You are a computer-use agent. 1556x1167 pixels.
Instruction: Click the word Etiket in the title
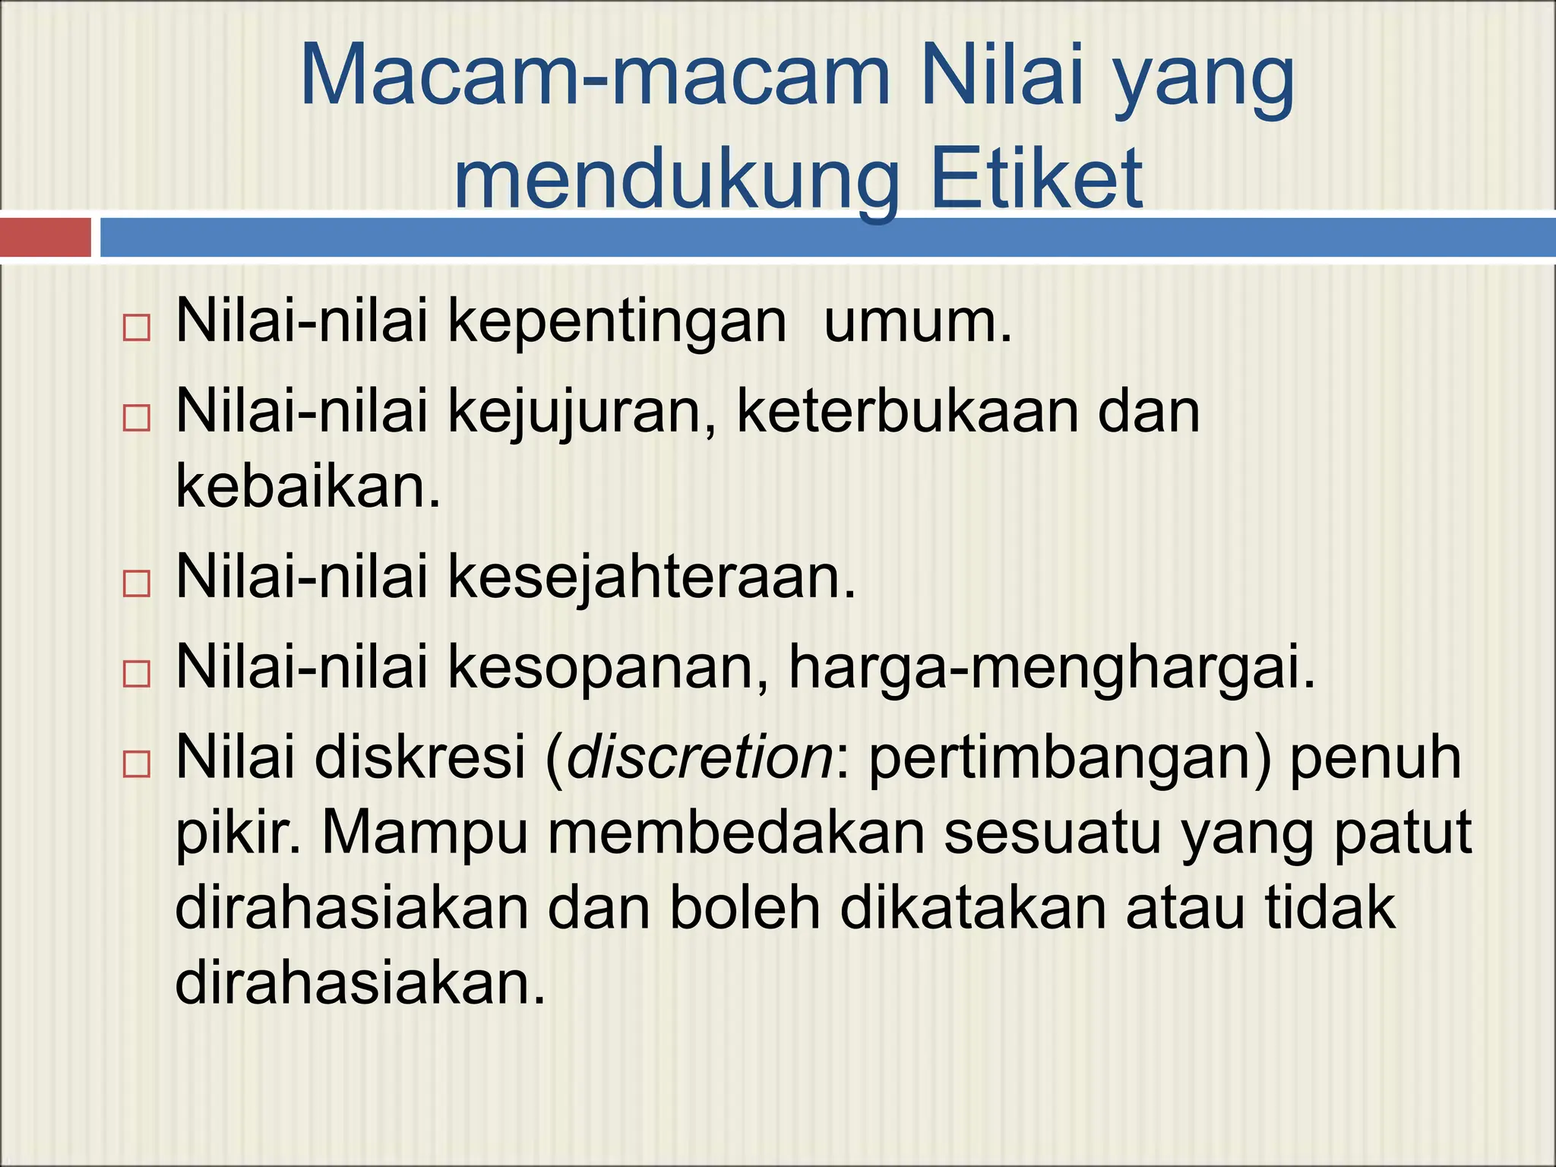click(1036, 178)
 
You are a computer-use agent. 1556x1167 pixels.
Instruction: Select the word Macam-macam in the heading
click(594, 76)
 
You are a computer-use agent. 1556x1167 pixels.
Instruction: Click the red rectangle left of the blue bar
click(45, 237)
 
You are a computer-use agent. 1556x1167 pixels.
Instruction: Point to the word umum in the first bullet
click(916, 321)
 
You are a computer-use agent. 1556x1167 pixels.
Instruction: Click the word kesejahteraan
click(651, 577)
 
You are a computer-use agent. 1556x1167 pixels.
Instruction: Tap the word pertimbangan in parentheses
click(1068, 758)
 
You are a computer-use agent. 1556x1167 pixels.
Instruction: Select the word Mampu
click(424, 833)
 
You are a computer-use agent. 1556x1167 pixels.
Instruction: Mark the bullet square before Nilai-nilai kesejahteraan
click(136, 583)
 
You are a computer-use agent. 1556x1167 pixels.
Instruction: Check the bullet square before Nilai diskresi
click(136, 764)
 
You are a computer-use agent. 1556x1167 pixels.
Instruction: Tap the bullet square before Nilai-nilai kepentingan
click(136, 328)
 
